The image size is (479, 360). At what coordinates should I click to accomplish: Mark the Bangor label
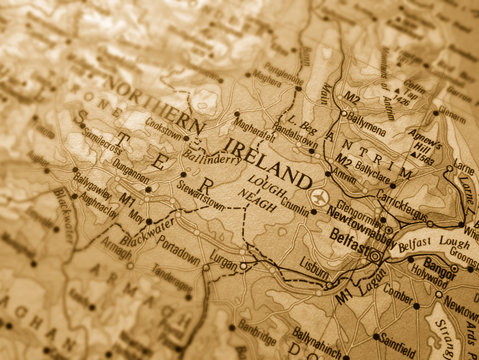(440, 264)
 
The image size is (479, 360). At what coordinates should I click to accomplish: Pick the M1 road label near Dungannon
(127, 200)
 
